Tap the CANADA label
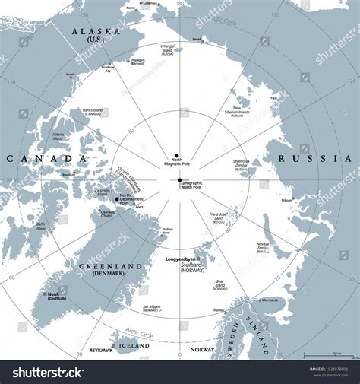[46, 158]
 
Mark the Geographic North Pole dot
[180, 180]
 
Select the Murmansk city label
[271, 300]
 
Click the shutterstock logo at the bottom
[46, 372]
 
